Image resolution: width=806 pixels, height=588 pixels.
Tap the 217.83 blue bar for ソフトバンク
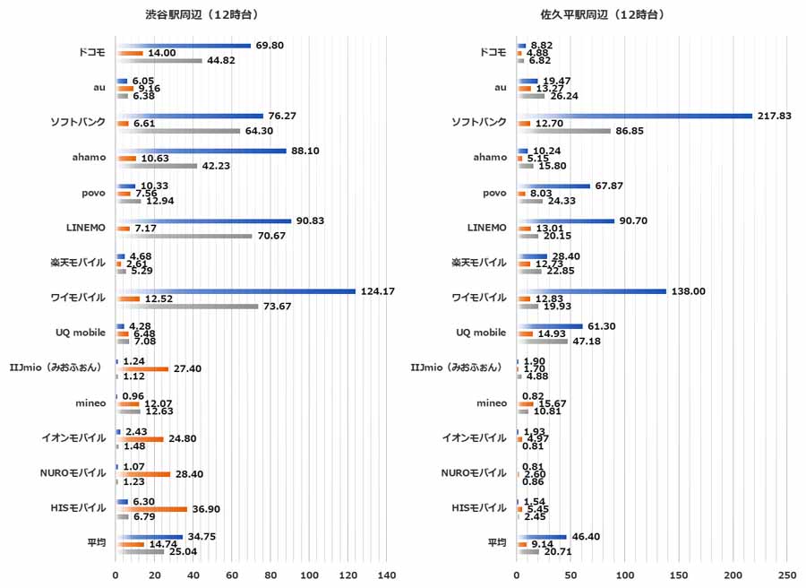tap(634, 116)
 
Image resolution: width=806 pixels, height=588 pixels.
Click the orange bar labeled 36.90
tap(151, 509)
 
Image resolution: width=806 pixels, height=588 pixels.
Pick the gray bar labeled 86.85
tap(563, 131)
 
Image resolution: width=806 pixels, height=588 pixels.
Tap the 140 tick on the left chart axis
tap(387, 574)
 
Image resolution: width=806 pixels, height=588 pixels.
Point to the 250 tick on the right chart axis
tap(787, 574)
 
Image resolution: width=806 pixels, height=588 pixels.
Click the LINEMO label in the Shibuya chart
tap(87, 227)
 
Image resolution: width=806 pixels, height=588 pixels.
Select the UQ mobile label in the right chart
tap(482, 333)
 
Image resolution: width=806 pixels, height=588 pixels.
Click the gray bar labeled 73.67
tap(187, 307)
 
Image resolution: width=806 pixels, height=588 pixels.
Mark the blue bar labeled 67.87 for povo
tap(553, 186)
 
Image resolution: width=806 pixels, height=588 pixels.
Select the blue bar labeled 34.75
tap(150, 537)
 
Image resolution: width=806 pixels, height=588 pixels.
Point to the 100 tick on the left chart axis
tap(310, 574)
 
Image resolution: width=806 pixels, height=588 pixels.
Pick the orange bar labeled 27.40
tap(142, 368)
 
